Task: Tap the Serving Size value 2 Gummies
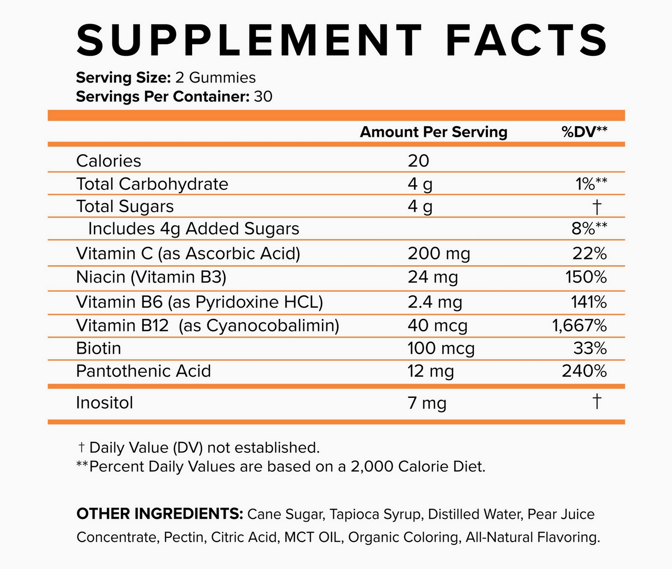click(x=215, y=78)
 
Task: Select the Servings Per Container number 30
click(x=263, y=97)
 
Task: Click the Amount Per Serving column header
click(x=433, y=132)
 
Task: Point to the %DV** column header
click(x=585, y=132)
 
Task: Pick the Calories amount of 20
click(x=419, y=161)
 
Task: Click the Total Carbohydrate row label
click(x=152, y=184)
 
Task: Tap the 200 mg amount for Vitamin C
click(x=439, y=254)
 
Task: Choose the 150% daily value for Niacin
click(x=586, y=277)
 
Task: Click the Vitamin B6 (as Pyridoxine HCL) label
click(x=199, y=302)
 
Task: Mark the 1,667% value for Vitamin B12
click(x=579, y=326)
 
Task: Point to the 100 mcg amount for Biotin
click(x=441, y=348)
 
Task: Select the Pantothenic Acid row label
click(x=143, y=371)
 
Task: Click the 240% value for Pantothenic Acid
click(x=584, y=371)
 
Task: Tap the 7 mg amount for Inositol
click(x=427, y=403)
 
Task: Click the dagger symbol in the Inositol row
click(x=597, y=401)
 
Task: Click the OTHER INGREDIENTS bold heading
click(x=160, y=514)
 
